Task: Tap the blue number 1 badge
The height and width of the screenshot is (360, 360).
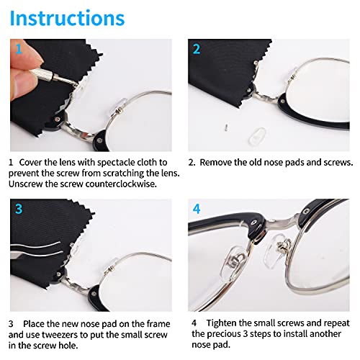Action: [19, 50]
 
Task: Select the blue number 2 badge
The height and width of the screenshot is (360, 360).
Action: [196, 50]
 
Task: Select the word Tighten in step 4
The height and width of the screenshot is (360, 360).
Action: [231, 323]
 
